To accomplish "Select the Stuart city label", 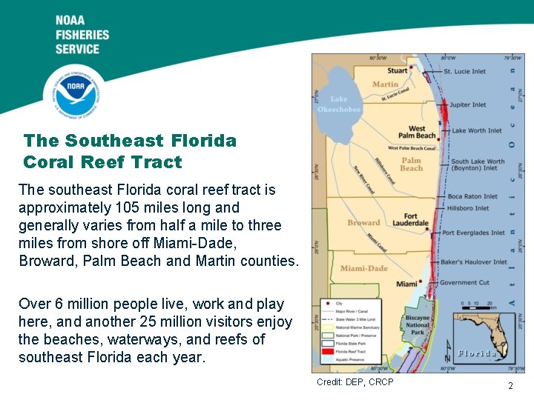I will click(398, 71).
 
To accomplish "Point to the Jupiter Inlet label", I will click(468, 105).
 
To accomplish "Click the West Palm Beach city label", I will click(417, 132).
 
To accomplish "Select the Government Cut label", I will click(464, 282).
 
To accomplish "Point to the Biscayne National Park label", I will click(418, 324).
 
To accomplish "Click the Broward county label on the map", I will click(363, 222).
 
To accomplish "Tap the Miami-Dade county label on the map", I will click(363, 268).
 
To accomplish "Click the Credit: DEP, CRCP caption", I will click(355, 381).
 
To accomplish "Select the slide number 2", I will click(510, 385).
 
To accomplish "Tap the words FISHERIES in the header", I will click(82, 35).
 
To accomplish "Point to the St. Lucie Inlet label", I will click(464, 72).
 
